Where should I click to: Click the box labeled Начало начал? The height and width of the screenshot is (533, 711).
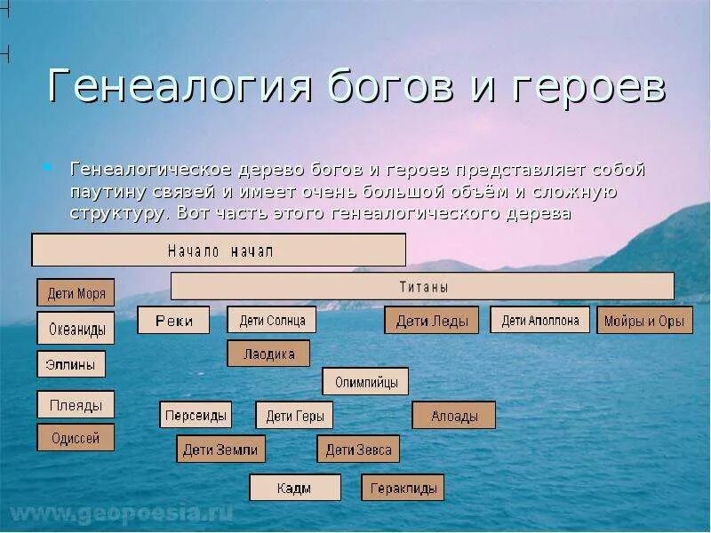219,251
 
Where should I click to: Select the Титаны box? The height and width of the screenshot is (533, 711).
422,286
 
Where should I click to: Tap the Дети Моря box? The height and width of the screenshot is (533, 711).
76,292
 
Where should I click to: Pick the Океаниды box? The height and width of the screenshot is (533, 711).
76,329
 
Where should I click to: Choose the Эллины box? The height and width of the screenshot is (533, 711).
71,364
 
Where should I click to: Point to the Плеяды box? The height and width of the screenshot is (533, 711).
76,405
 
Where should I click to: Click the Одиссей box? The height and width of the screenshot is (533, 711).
76,437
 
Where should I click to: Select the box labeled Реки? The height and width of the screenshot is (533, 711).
173,320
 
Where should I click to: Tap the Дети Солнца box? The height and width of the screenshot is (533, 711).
272,320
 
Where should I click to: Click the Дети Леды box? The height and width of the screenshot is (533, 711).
431,321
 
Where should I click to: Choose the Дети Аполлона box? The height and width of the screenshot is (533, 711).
539,320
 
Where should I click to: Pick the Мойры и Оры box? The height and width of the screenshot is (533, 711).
644,321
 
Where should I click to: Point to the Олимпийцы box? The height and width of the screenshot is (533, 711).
365,382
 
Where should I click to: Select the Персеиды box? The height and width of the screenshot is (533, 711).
196,415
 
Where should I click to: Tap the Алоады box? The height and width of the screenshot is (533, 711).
453,415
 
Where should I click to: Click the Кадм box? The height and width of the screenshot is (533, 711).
294,488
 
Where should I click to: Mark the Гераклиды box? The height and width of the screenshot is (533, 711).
402,488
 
